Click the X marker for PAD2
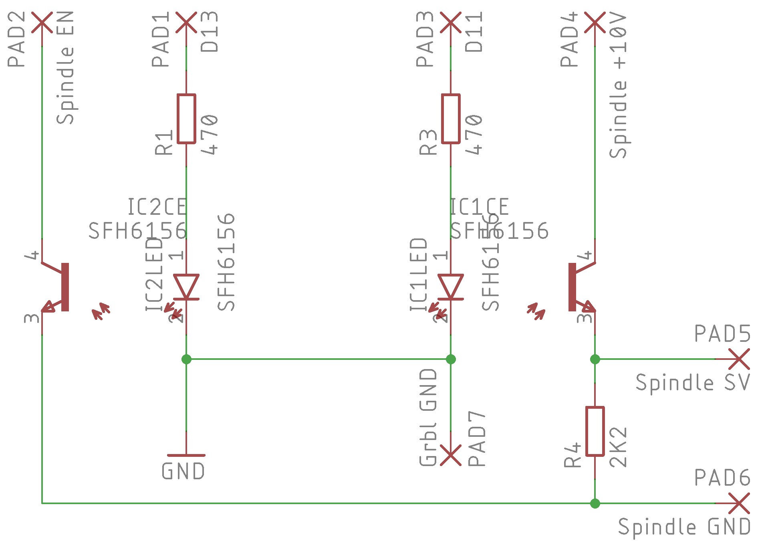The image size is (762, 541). [x=42, y=22]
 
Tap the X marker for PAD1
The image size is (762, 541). [x=186, y=22]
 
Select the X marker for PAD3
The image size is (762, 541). [x=451, y=22]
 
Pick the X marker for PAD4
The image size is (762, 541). [x=595, y=22]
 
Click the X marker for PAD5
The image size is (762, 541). [x=739, y=359]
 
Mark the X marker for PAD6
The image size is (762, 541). [x=739, y=503]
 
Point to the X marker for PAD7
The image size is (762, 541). [x=451, y=455]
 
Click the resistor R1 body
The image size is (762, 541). [x=186, y=119]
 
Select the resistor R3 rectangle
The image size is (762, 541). [x=451, y=119]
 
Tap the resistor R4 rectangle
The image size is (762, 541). [x=595, y=431]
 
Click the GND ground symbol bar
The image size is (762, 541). [x=186, y=456]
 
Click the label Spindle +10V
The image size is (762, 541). [x=618, y=85]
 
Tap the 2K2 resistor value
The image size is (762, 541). [x=618, y=447]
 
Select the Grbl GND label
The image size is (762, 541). [x=428, y=418]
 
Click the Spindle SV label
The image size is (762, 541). [x=693, y=382]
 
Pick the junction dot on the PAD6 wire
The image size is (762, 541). [x=595, y=503]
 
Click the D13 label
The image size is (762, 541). [x=210, y=32]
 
